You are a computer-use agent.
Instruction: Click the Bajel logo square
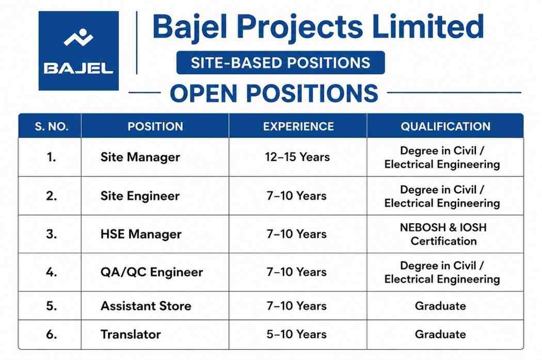coord(78,51)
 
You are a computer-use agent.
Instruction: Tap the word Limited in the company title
coord(428,26)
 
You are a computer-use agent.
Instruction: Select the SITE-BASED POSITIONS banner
coord(280,62)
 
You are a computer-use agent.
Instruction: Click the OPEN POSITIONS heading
coord(274,93)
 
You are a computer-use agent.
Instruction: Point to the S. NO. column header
coord(52,126)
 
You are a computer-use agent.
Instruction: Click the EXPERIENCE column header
coord(298,126)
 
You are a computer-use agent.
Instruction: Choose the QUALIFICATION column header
coord(445,126)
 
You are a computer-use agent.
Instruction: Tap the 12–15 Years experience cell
coord(297,157)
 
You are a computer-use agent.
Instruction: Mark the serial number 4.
coord(51,272)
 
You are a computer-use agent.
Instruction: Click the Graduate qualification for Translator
coord(440,334)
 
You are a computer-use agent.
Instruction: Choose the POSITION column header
coord(155,126)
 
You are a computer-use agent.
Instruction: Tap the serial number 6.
coord(51,334)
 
